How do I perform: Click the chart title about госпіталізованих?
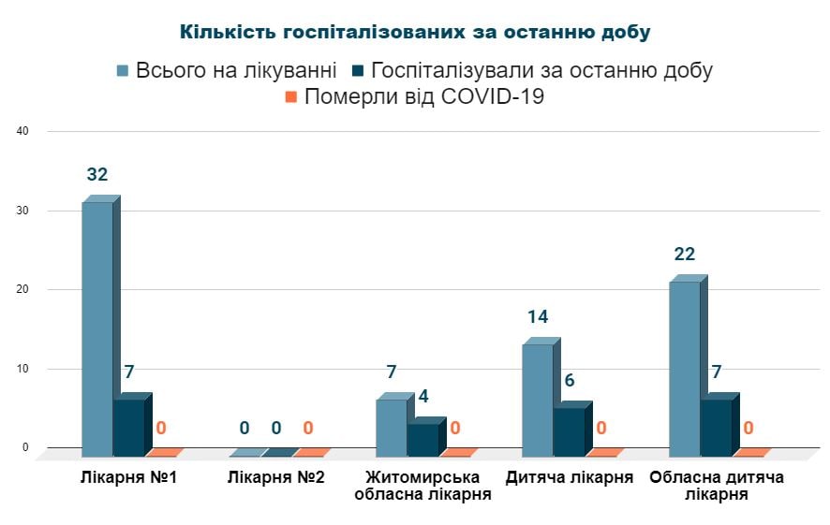tap(415, 32)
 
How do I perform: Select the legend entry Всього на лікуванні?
tap(226, 70)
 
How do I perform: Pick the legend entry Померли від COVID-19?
tap(414, 96)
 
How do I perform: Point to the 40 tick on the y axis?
tap(24, 131)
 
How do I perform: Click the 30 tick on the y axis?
tap(24, 211)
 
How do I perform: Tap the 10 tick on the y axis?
tap(24, 369)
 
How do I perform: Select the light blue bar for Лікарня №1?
tap(97, 328)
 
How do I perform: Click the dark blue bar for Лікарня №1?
tap(129, 427)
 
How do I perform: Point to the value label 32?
tap(97, 175)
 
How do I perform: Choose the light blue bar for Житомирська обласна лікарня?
tap(392, 427)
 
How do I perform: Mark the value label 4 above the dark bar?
tap(423, 397)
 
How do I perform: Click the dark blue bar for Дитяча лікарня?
tap(570, 430)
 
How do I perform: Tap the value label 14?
tap(538, 317)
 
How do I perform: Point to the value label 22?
tap(685, 255)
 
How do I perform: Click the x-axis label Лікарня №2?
tap(276, 477)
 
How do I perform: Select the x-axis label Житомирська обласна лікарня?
tap(423, 486)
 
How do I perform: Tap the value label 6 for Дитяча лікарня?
tap(570, 381)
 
